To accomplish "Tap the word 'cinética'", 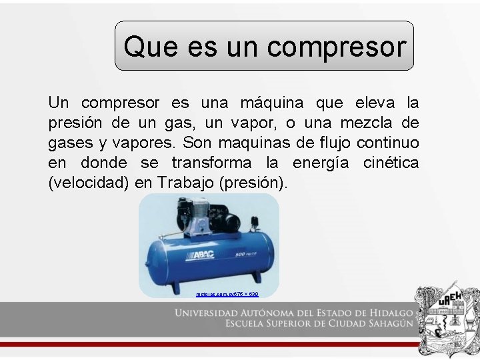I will click(391, 163).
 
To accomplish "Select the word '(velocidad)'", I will click(89, 183).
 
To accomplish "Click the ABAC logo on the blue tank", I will click(203, 257).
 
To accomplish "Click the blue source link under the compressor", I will click(227, 294).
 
